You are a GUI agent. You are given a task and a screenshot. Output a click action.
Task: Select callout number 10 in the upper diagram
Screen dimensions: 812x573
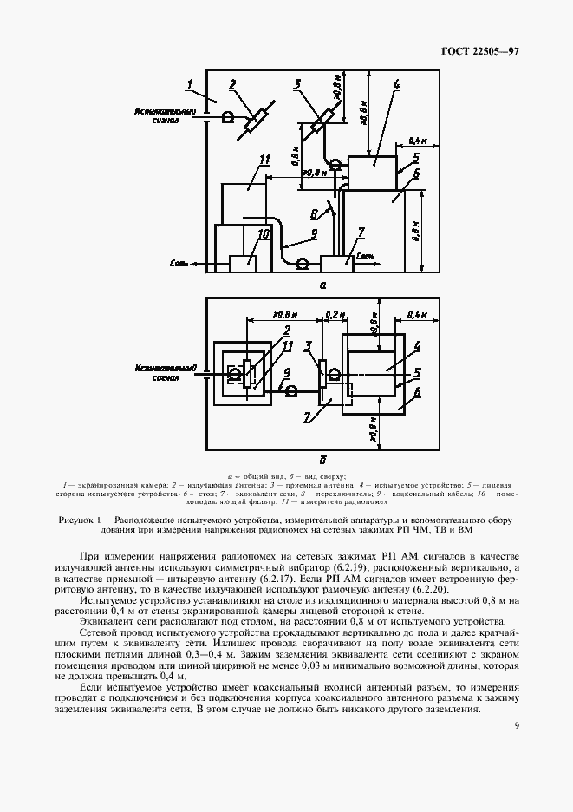(264, 233)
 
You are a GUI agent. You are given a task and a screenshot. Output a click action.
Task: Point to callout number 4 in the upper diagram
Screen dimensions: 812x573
(395, 85)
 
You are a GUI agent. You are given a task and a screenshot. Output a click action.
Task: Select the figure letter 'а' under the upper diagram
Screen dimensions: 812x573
(322, 284)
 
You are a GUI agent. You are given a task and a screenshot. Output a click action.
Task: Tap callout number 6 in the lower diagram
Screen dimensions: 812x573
(418, 391)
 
